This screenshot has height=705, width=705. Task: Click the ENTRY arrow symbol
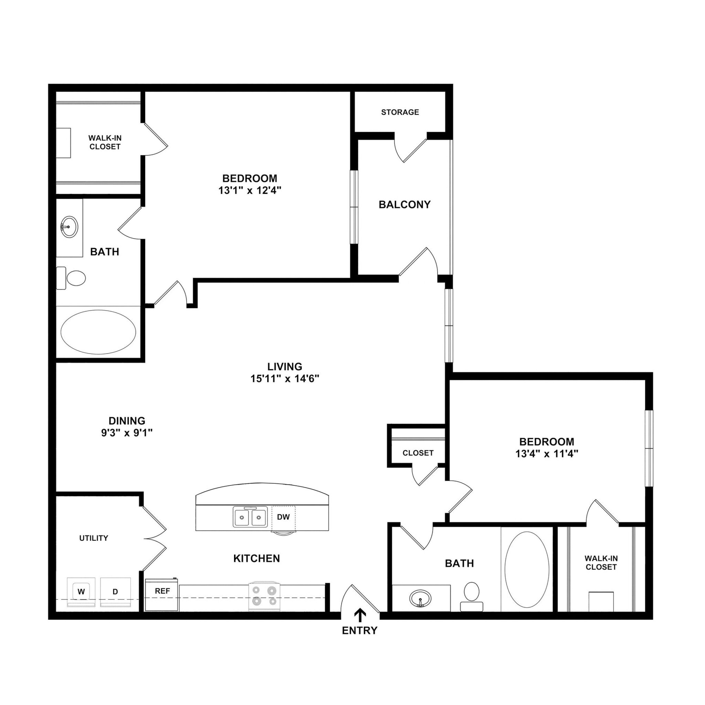tap(360, 615)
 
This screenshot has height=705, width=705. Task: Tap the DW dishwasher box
tap(283, 517)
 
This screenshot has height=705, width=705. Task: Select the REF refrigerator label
tap(162, 591)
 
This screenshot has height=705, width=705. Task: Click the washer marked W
tap(81, 592)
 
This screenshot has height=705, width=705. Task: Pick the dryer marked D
tap(115, 592)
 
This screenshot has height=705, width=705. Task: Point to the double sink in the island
tap(250, 517)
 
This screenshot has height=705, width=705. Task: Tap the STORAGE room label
tap(400, 112)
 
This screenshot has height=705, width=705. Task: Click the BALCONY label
tap(404, 204)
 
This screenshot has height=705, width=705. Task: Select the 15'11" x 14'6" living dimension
tap(285, 379)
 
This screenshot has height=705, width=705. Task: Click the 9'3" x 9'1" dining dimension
tap(127, 433)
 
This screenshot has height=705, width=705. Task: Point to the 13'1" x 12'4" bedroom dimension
tap(250, 190)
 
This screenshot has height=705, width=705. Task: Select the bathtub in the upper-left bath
tap(98, 332)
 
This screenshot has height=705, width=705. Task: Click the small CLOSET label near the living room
tap(418, 453)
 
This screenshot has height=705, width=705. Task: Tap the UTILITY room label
tap(94, 538)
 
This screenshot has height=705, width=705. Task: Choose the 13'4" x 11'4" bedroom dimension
tap(547, 454)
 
